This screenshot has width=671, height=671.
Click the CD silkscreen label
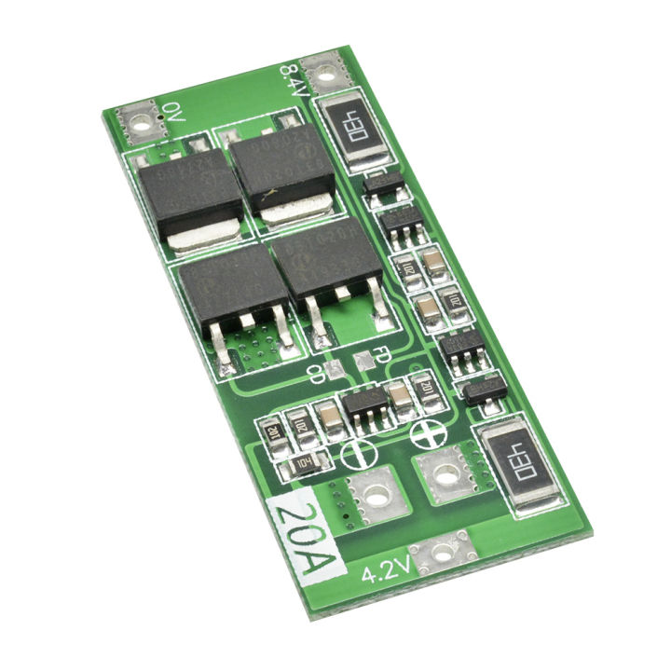point(319,375)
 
